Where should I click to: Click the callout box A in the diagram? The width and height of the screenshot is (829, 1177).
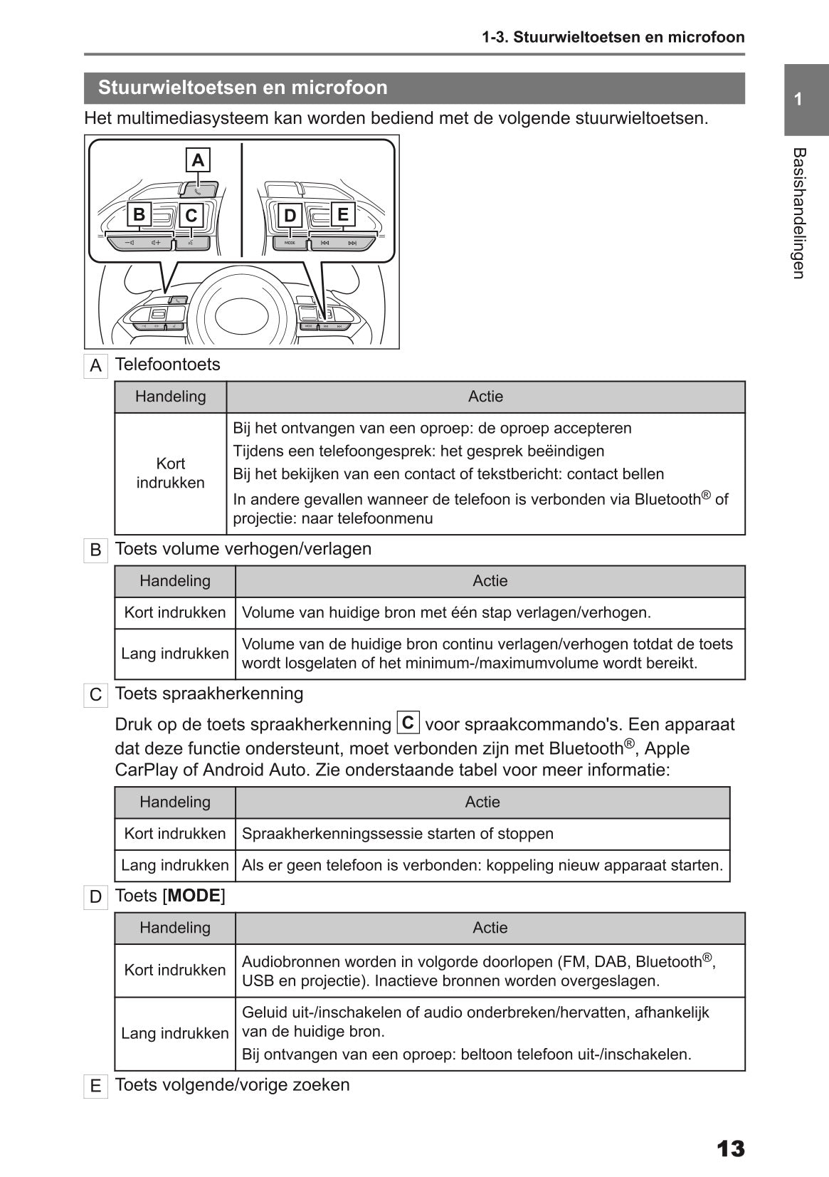(x=198, y=160)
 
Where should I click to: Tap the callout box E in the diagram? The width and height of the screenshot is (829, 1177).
(x=342, y=214)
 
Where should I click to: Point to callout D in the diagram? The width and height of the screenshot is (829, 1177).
(x=290, y=215)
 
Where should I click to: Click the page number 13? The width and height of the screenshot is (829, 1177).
(x=730, y=1149)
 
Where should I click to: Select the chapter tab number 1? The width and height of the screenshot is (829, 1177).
(x=798, y=100)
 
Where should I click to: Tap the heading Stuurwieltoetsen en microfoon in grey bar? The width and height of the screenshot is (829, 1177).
(x=243, y=88)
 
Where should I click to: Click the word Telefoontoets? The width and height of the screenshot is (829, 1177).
(x=167, y=365)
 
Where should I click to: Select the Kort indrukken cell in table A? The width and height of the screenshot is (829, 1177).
(x=170, y=473)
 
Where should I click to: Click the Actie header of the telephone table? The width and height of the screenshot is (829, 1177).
(x=485, y=397)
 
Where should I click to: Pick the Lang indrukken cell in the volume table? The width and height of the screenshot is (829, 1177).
(x=175, y=654)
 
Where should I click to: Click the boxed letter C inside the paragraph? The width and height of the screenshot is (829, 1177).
(x=408, y=723)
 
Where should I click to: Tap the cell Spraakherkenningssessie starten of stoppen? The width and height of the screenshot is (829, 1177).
(x=397, y=834)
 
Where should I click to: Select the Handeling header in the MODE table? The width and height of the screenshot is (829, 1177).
(x=175, y=928)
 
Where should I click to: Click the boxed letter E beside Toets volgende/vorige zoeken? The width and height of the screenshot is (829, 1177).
(x=95, y=1087)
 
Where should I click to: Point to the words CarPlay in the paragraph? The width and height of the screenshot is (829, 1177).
(x=144, y=770)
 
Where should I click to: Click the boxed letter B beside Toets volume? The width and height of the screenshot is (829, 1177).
(x=95, y=550)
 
